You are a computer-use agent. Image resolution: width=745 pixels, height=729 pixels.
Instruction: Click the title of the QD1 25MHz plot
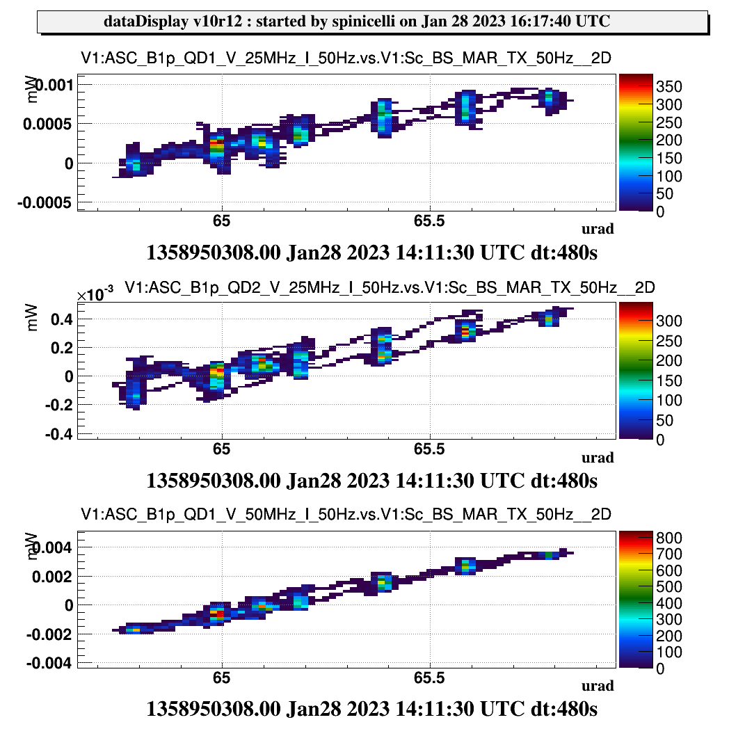[x=346, y=59]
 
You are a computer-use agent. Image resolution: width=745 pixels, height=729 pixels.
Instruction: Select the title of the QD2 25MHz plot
[x=390, y=288]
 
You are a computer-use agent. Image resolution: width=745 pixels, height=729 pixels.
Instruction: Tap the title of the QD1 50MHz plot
[x=346, y=515]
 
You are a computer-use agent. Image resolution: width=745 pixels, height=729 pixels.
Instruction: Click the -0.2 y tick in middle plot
[x=60, y=405]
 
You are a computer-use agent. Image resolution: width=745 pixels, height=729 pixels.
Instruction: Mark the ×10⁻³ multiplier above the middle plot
[x=95, y=295]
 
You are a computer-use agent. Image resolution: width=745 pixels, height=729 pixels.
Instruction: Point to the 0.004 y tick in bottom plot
[x=54, y=547]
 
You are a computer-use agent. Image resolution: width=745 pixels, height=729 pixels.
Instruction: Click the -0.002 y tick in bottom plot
[x=50, y=634]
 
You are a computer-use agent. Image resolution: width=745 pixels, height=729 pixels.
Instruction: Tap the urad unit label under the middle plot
[x=598, y=457]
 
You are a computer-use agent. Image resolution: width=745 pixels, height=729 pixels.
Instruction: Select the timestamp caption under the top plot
[x=372, y=252]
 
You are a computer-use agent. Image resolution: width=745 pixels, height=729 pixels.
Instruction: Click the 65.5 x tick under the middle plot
[x=430, y=449]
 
